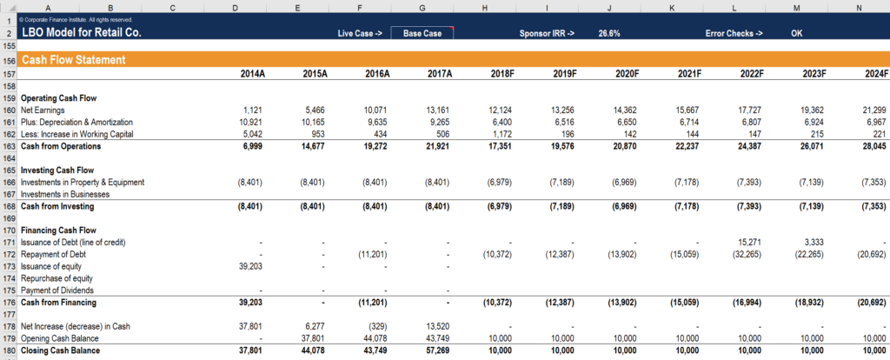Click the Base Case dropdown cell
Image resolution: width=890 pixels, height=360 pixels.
click(x=422, y=33)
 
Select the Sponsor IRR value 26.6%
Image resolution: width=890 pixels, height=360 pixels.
click(x=610, y=33)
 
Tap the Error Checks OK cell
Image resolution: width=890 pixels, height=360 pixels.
click(x=796, y=33)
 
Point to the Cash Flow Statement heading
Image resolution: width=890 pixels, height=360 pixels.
click(x=74, y=61)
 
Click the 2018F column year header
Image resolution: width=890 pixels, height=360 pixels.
click(x=502, y=74)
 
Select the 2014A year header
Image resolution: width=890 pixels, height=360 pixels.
click(x=253, y=74)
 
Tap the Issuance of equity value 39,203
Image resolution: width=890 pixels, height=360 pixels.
click(x=251, y=267)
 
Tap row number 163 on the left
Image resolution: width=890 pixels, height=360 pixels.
click(x=10, y=147)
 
